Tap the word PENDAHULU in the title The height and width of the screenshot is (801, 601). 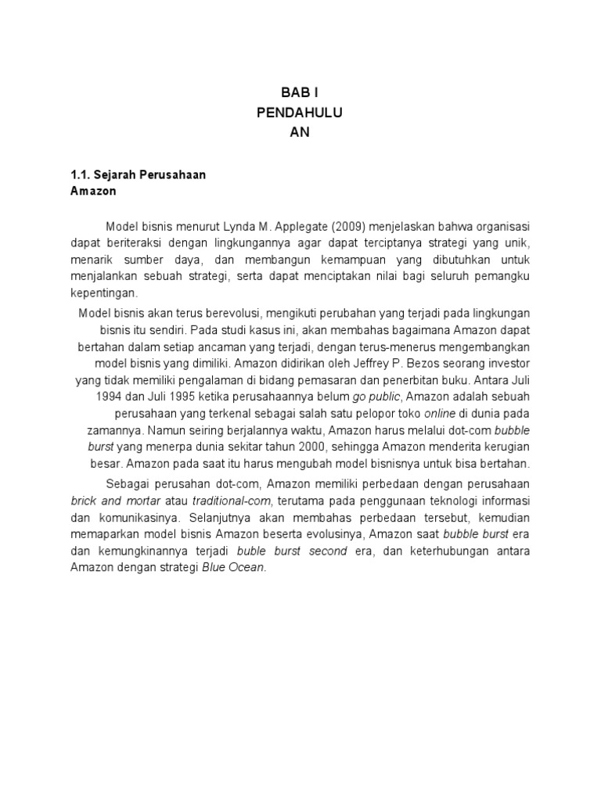coord(300,113)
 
